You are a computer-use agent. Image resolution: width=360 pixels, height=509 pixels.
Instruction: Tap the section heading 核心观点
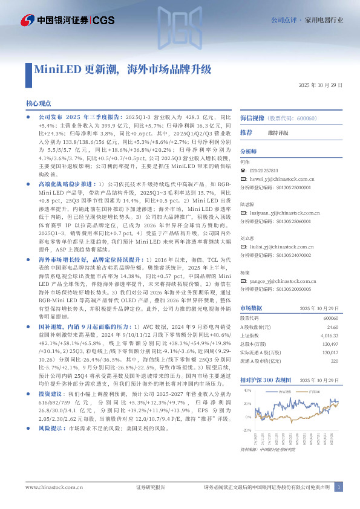[41, 104]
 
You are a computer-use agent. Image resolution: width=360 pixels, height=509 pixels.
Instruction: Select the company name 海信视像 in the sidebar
[252, 118]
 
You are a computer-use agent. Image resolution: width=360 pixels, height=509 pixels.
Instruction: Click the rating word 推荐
[246, 132]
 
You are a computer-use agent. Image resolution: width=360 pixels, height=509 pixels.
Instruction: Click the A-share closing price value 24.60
[330, 327]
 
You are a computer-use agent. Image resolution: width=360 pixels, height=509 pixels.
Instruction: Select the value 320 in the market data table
[333, 361]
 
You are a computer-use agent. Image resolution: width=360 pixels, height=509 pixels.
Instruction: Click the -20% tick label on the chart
[247, 430]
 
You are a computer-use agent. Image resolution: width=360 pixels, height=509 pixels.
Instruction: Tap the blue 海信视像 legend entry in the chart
[286, 392]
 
